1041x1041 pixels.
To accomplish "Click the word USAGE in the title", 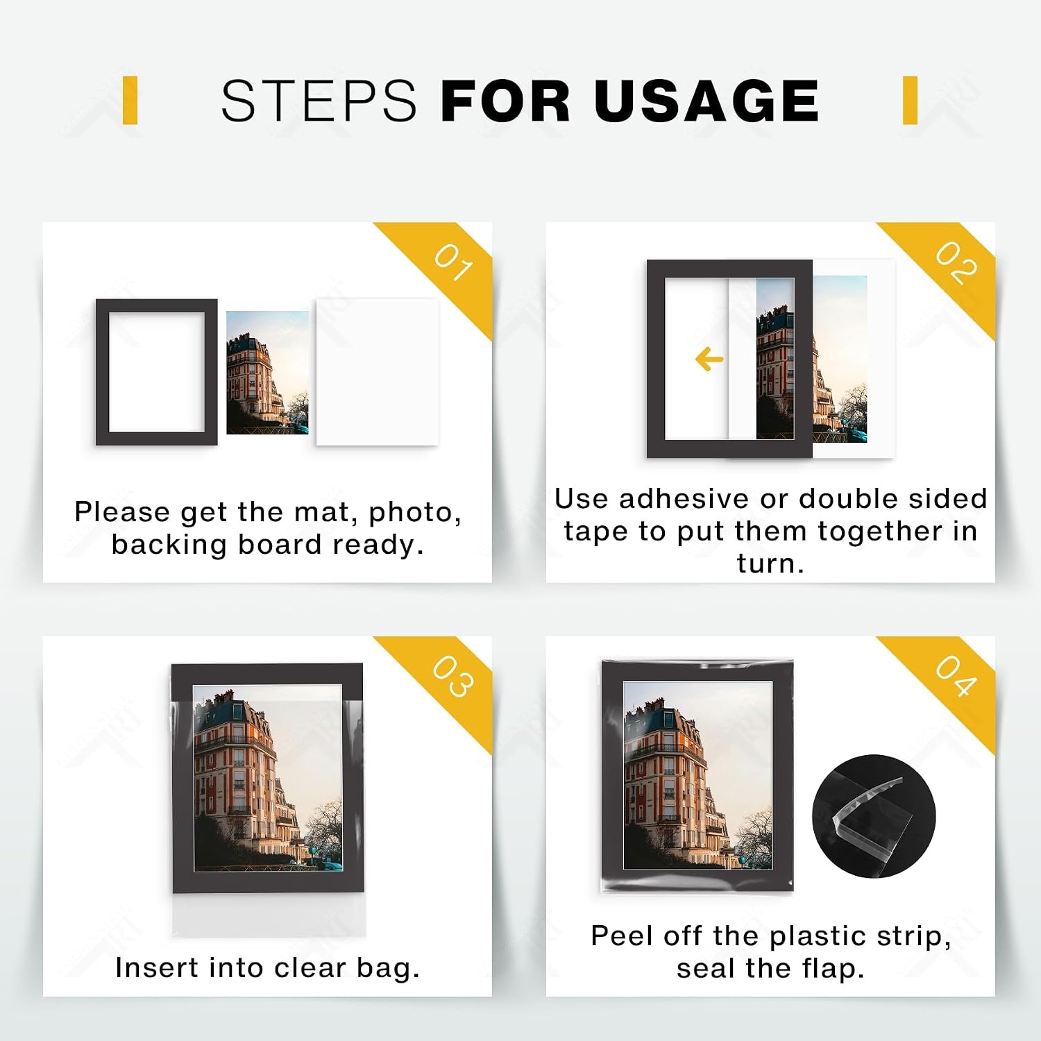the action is click(x=706, y=101).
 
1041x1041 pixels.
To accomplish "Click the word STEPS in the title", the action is click(x=319, y=101).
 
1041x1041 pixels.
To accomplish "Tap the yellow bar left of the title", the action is click(x=130, y=101).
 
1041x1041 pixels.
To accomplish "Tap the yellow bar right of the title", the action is click(x=911, y=101).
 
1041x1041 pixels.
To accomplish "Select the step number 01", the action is click(x=454, y=262).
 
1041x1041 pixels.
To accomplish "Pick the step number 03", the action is click(x=454, y=676).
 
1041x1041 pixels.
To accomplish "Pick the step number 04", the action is click(x=956, y=676).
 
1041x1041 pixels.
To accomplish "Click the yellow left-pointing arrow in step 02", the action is click(x=709, y=359).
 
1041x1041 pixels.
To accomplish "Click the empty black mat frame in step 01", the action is click(x=102, y=372).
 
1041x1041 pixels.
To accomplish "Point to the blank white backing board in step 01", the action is click(x=377, y=372).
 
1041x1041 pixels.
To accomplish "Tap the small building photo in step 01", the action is click(x=267, y=372).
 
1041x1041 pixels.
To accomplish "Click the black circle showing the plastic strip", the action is click(x=874, y=816).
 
